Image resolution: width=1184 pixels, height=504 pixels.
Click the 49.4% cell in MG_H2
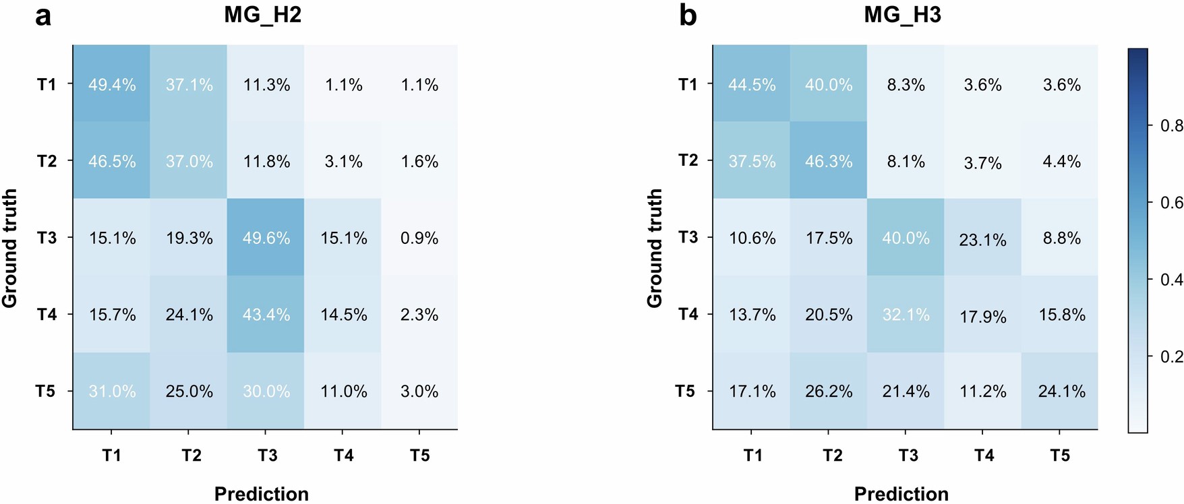pos(112,85)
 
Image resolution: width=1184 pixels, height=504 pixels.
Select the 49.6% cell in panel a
pos(266,238)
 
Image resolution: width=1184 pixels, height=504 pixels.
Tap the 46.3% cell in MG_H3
pos(829,162)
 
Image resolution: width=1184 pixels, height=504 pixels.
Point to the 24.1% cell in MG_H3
pos(1061,391)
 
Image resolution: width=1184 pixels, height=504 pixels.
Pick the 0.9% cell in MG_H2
pos(419,238)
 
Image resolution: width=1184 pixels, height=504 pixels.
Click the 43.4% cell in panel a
pos(266,315)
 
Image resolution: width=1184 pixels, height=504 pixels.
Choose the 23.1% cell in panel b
pos(983,239)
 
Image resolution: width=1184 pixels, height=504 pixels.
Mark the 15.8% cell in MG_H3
pos(1061,315)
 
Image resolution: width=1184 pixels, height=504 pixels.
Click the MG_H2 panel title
pos(262,15)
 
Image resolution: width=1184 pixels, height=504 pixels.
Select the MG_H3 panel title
pos(902,15)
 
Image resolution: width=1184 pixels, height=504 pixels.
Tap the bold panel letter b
pos(687,15)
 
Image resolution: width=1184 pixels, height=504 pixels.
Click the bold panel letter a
pos(43,15)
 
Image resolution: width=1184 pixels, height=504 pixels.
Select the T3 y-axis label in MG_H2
pos(47,238)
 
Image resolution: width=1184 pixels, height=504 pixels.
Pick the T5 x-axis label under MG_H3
pos(1060,456)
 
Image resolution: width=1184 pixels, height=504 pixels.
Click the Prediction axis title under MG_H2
pos(262,494)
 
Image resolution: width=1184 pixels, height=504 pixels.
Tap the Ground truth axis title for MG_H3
pos(655,248)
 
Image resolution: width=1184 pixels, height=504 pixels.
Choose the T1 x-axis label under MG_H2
pos(112,456)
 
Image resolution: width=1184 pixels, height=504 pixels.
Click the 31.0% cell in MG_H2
pos(112,391)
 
